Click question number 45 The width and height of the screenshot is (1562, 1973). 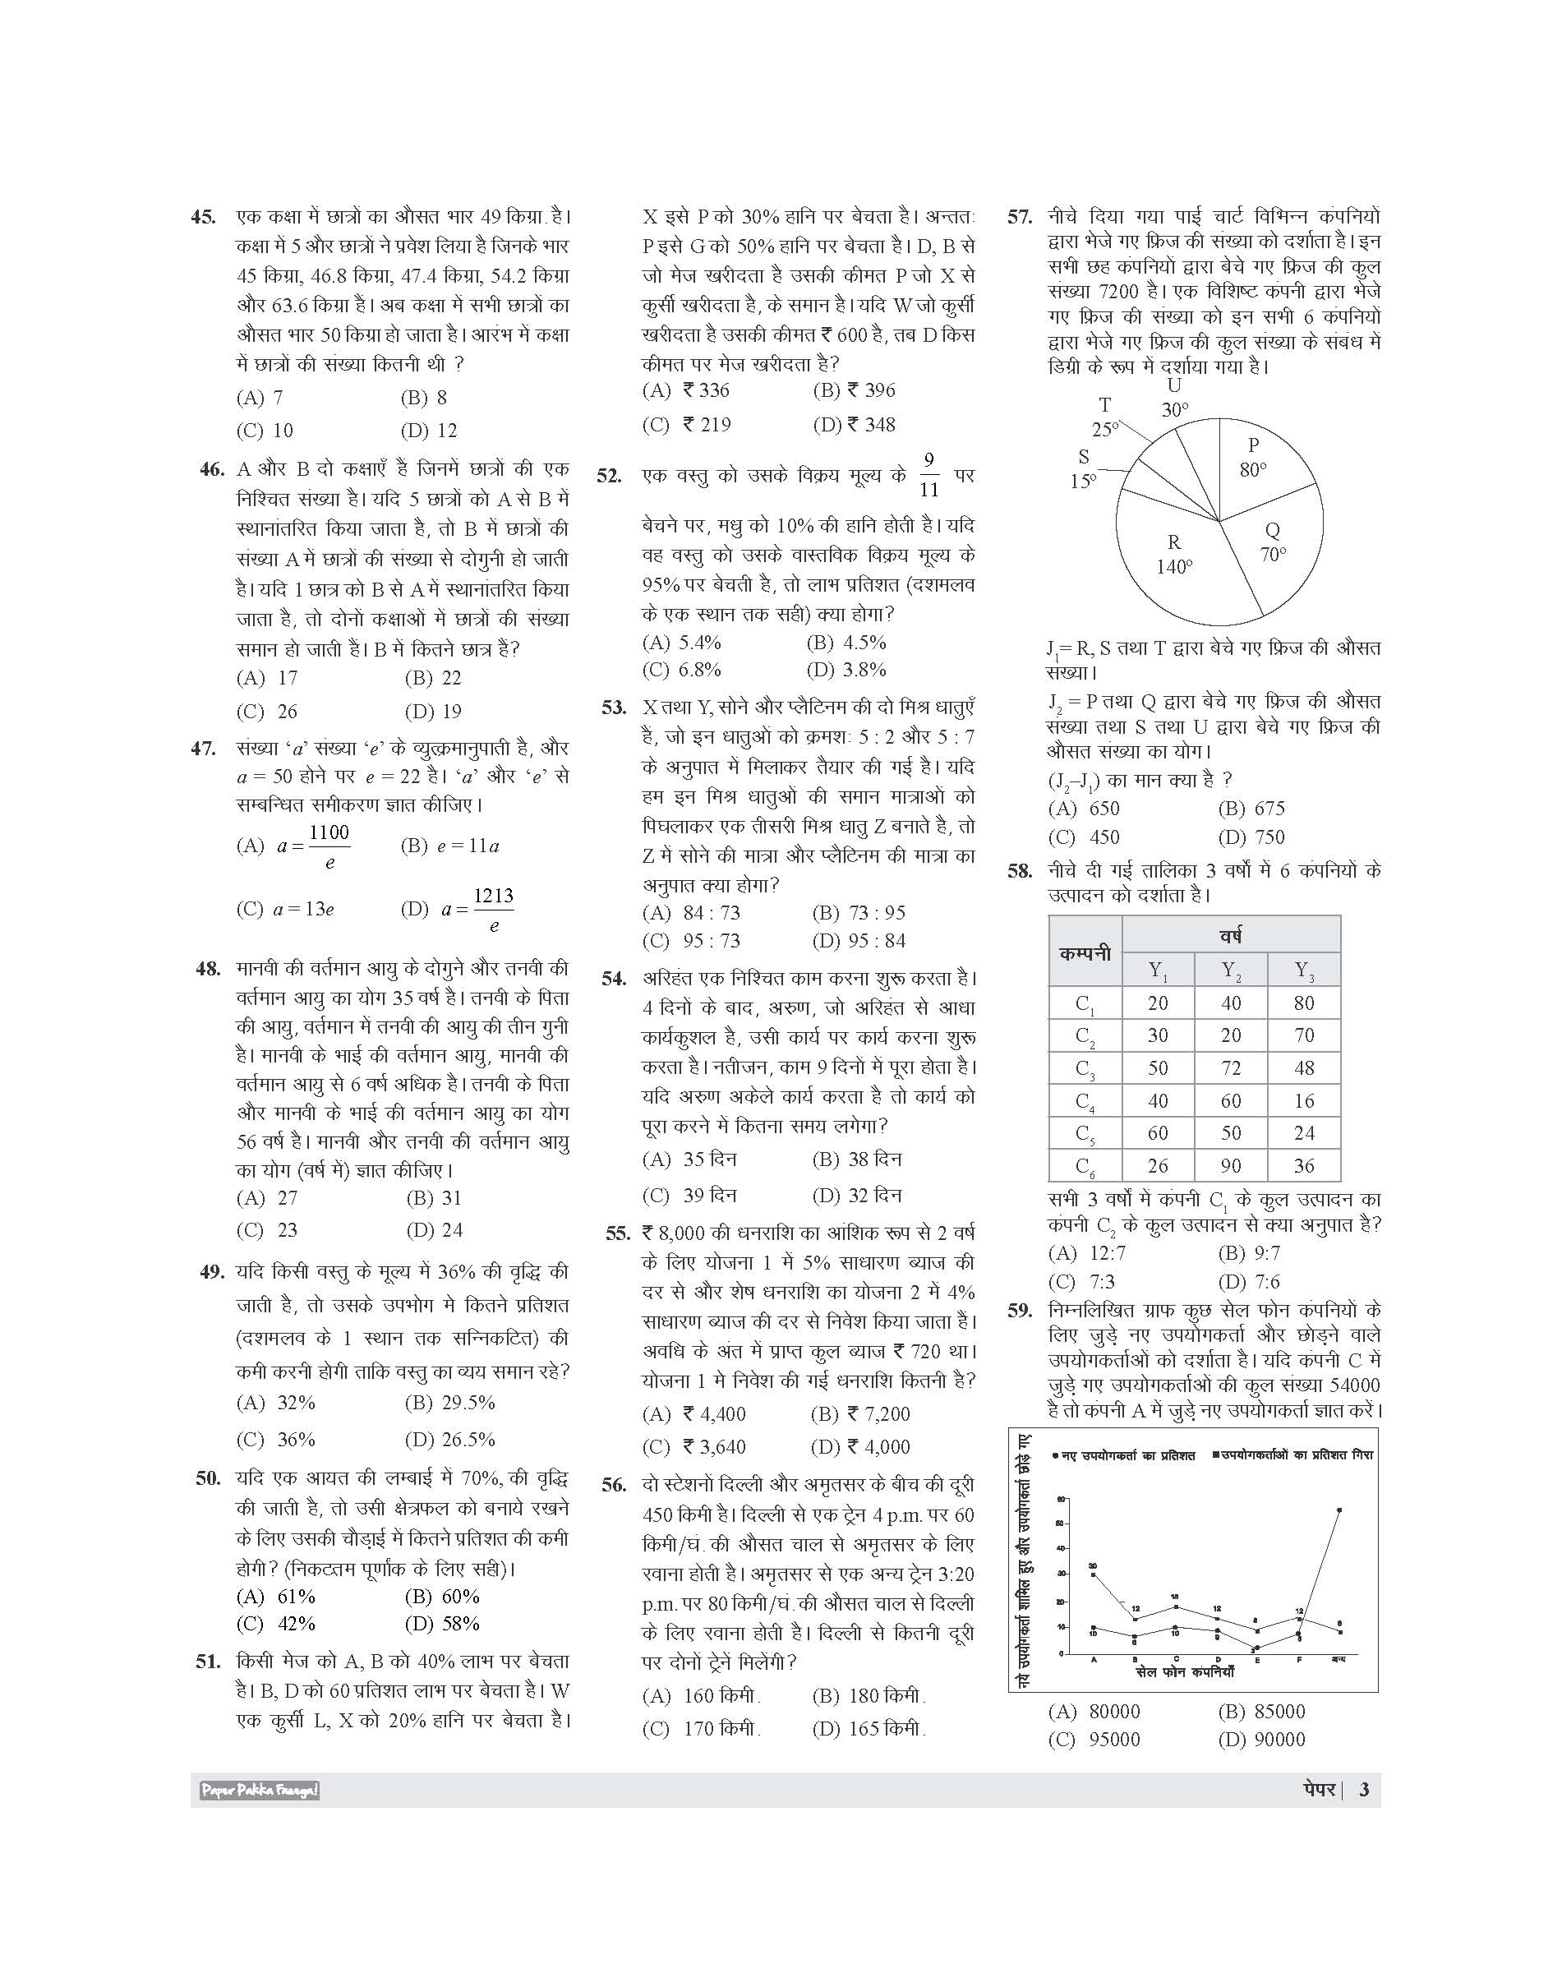tap(203, 218)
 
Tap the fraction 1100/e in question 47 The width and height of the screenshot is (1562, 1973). tap(329, 846)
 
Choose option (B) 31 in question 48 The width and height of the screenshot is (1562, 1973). tap(434, 1197)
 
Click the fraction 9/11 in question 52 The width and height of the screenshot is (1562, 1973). tap(928, 475)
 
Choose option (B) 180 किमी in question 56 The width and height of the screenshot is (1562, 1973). tap(869, 1695)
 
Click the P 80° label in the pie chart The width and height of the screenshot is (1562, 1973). tap(1253, 456)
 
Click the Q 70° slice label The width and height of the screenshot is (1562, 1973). tap(1273, 542)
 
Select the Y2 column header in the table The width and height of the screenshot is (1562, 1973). tap(1231, 970)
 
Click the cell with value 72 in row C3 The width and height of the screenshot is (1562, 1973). tap(1231, 1067)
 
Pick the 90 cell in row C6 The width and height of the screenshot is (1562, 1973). tap(1231, 1165)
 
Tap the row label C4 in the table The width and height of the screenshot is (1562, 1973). tap(1085, 1101)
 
